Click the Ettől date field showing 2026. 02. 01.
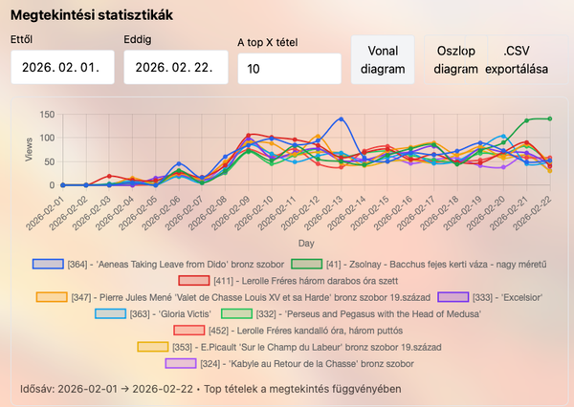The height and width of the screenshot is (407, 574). pos(62,68)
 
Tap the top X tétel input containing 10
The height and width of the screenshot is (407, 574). pos(288,69)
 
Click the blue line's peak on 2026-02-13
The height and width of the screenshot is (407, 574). pos(341,119)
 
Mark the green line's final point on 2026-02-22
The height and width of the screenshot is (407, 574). pos(550,118)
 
